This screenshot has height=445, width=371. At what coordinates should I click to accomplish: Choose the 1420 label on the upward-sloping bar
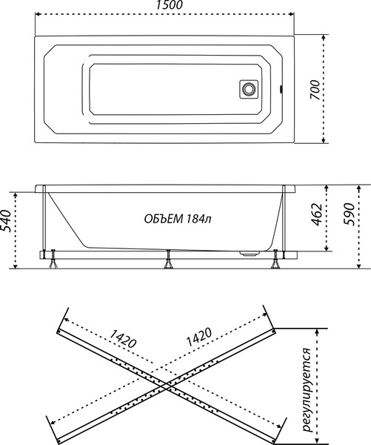(198, 338)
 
